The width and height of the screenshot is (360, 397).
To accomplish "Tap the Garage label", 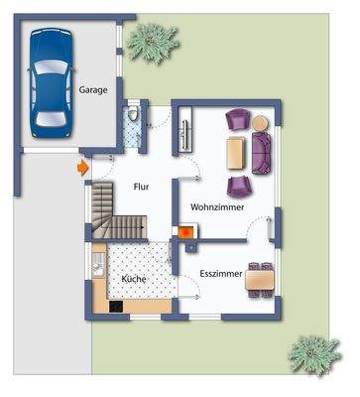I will tap(94, 89).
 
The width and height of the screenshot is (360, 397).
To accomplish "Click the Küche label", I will tap(135, 280).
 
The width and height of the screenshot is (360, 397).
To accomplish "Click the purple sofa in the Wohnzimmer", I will tap(262, 152).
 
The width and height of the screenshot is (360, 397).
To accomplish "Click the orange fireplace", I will tap(184, 231).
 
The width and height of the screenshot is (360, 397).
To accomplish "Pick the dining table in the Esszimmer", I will tap(261, 279).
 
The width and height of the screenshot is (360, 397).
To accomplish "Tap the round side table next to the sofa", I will tap(261, 123).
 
